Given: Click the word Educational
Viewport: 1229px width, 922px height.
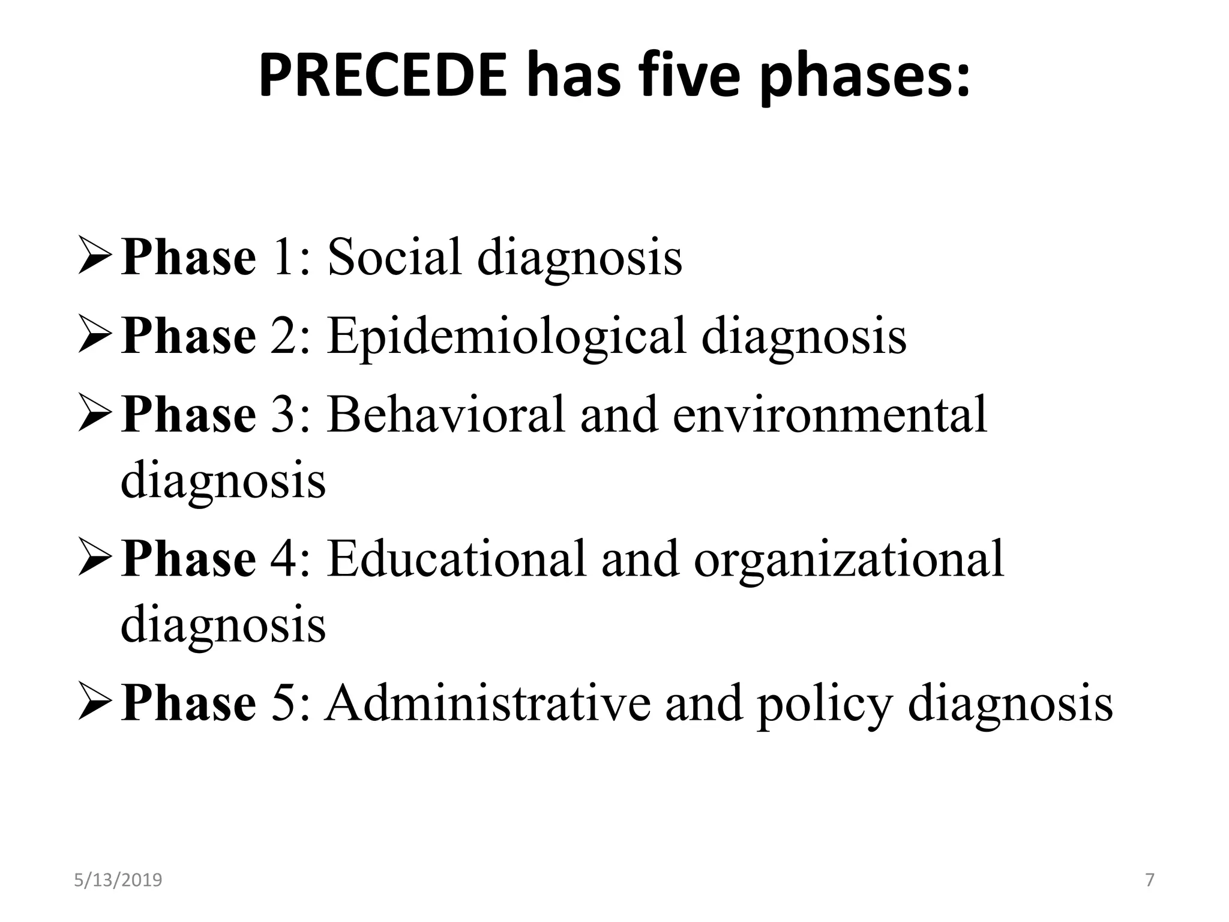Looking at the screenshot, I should (456, 558).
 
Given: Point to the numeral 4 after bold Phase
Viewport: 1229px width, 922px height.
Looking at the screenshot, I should (283, 558).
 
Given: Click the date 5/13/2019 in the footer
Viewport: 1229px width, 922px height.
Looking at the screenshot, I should (118, 880).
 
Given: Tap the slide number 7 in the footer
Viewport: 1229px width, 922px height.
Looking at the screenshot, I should (1149, 880).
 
